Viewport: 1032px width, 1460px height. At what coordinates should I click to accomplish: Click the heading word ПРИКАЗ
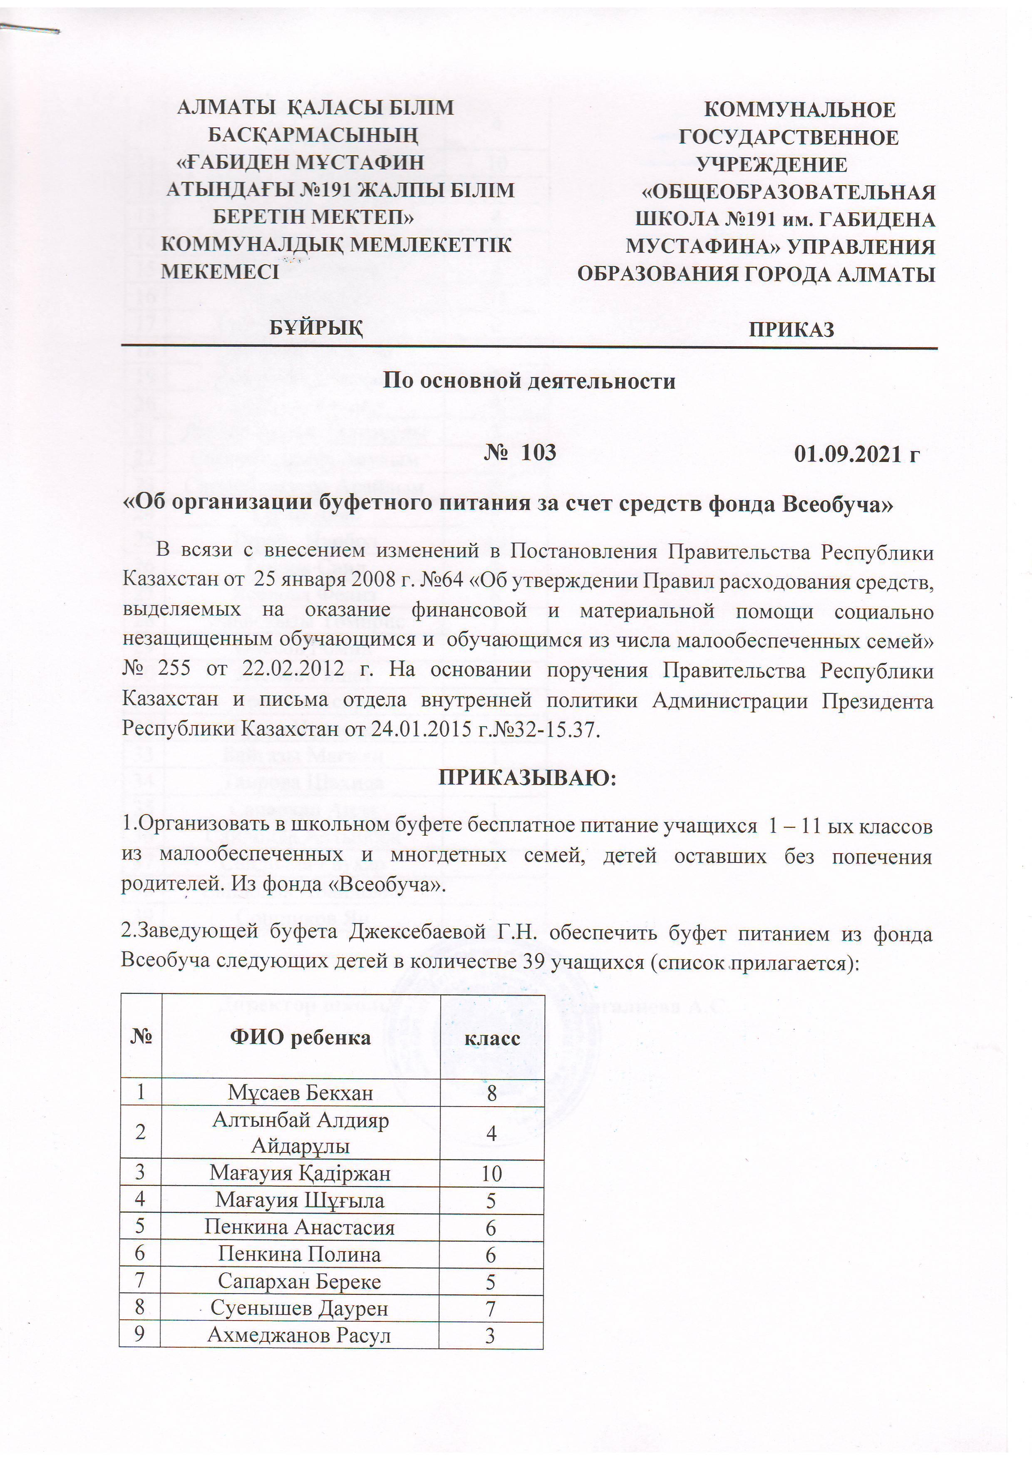(x=791, y=329)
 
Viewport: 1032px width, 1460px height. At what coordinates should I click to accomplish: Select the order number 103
(x=538, y=452)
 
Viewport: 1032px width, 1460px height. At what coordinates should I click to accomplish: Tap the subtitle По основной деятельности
(x=528, y=381)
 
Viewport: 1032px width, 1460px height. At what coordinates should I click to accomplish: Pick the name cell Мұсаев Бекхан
(x=300, y=1093)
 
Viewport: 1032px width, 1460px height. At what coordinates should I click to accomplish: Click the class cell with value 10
(x=491, y=1173)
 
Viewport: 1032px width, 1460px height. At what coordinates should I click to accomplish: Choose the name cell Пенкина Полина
(x=300, y=1254)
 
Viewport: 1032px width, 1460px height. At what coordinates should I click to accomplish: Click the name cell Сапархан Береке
(x=300, y=1281)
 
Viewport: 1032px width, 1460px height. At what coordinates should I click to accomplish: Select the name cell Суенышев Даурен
(x=300, y=1308)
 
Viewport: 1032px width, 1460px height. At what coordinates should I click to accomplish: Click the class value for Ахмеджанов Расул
(x=490, y=1336)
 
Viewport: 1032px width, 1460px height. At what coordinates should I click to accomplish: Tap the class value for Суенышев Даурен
(x=490, y=1309)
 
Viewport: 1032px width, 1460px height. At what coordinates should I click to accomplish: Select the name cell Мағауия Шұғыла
(x=300, y=1200)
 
